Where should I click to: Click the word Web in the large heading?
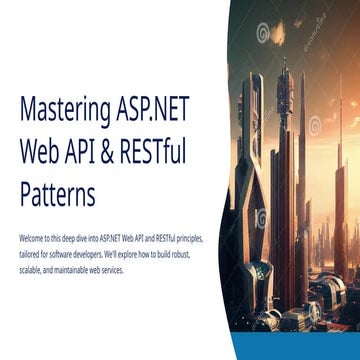39,152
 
